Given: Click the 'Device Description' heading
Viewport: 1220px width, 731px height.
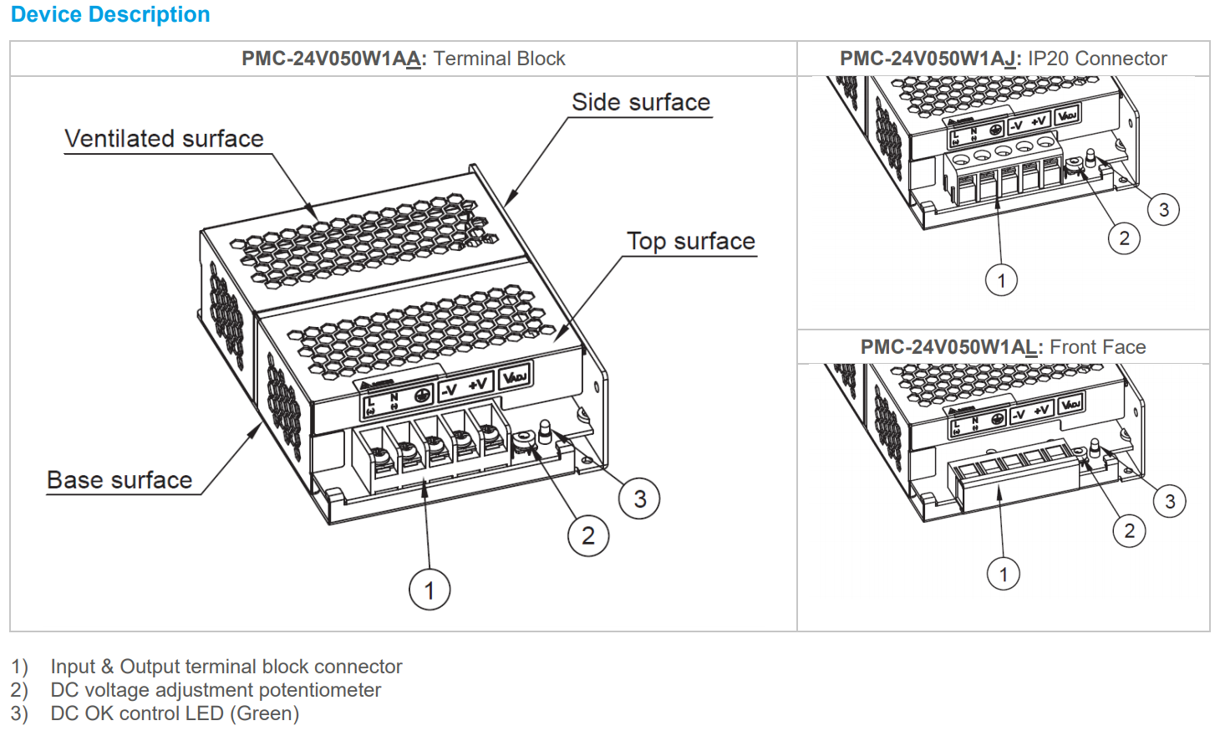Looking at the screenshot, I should point(110,15).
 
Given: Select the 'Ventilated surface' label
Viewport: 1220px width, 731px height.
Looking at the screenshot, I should point(164,139).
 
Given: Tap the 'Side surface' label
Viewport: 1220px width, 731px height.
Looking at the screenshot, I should point(641,102).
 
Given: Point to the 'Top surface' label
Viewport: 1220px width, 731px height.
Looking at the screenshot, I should point(691,241).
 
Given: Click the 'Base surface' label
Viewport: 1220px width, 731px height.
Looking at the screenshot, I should point(119,480).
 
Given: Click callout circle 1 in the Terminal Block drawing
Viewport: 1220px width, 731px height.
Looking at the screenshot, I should point(430,590).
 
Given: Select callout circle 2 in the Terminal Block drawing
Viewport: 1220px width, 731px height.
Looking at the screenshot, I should point(588,535).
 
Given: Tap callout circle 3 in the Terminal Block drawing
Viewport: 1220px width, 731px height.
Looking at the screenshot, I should point(639,499).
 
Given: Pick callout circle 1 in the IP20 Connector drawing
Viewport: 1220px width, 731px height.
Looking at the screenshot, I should point(1001,280).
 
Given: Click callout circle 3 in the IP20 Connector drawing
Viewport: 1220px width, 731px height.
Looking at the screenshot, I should point(1163,209).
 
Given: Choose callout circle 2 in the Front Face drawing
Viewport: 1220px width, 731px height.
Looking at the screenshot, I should point(1129,530).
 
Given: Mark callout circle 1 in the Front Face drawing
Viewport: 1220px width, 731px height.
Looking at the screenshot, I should point(1004,574).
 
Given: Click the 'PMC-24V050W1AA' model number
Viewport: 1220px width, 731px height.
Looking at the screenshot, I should point(333,59).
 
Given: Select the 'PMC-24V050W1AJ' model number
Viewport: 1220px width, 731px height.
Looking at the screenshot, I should point(930,59).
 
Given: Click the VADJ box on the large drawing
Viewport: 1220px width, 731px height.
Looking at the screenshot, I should point(515,377).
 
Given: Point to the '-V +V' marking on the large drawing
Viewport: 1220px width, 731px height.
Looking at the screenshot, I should point(465,387).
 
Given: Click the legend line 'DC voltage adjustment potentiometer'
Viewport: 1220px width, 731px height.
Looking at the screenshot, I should point(216,690).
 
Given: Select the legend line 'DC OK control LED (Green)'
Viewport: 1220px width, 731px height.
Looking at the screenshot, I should point(175,713).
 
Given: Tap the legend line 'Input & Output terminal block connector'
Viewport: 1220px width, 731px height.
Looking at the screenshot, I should point(226,667).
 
